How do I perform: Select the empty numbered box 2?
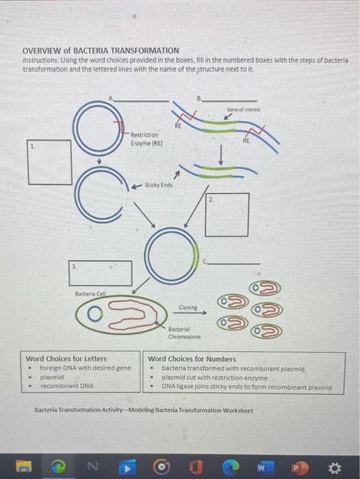pyautogui.click(x=227, y=215)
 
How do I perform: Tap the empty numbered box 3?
pyautogui.click(x=100, y=272)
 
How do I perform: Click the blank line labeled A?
pyautogui.click(x=141, y=100)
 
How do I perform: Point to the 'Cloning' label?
pyautogui.click(x=188, y=307)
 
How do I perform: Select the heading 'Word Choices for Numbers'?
pyautogui.click(x=192, y=359)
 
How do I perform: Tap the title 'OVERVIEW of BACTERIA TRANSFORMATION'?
pyautogui.click(x=101, y=51)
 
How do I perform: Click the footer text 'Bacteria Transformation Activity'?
pyautogui.click(x=143, y=411)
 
